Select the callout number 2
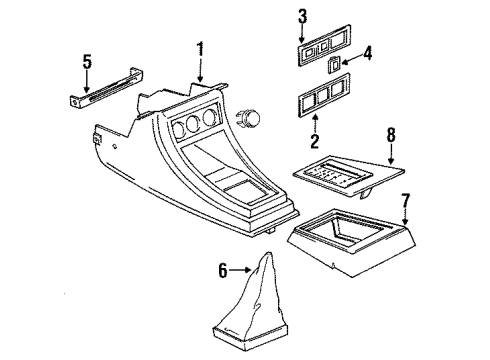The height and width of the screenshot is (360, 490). (314, 141)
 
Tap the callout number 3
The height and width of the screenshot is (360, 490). (302, 16)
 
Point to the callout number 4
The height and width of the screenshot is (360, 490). (367, 53)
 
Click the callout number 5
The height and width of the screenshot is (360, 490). (87, 62)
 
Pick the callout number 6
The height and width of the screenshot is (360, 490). (223, 270)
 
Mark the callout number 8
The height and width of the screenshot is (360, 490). (391, 135)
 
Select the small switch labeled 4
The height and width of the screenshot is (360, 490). (334, 65)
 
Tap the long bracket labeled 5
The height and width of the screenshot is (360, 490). (106, 88)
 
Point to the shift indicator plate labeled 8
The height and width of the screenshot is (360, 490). (349, 176)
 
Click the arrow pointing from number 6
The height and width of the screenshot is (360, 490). (239, 270)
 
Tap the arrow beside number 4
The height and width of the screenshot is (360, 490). (351, 60)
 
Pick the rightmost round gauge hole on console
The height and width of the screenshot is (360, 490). (210, 117)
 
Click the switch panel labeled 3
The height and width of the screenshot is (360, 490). (324, 45)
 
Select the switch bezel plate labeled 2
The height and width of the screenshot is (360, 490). (324, 95)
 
